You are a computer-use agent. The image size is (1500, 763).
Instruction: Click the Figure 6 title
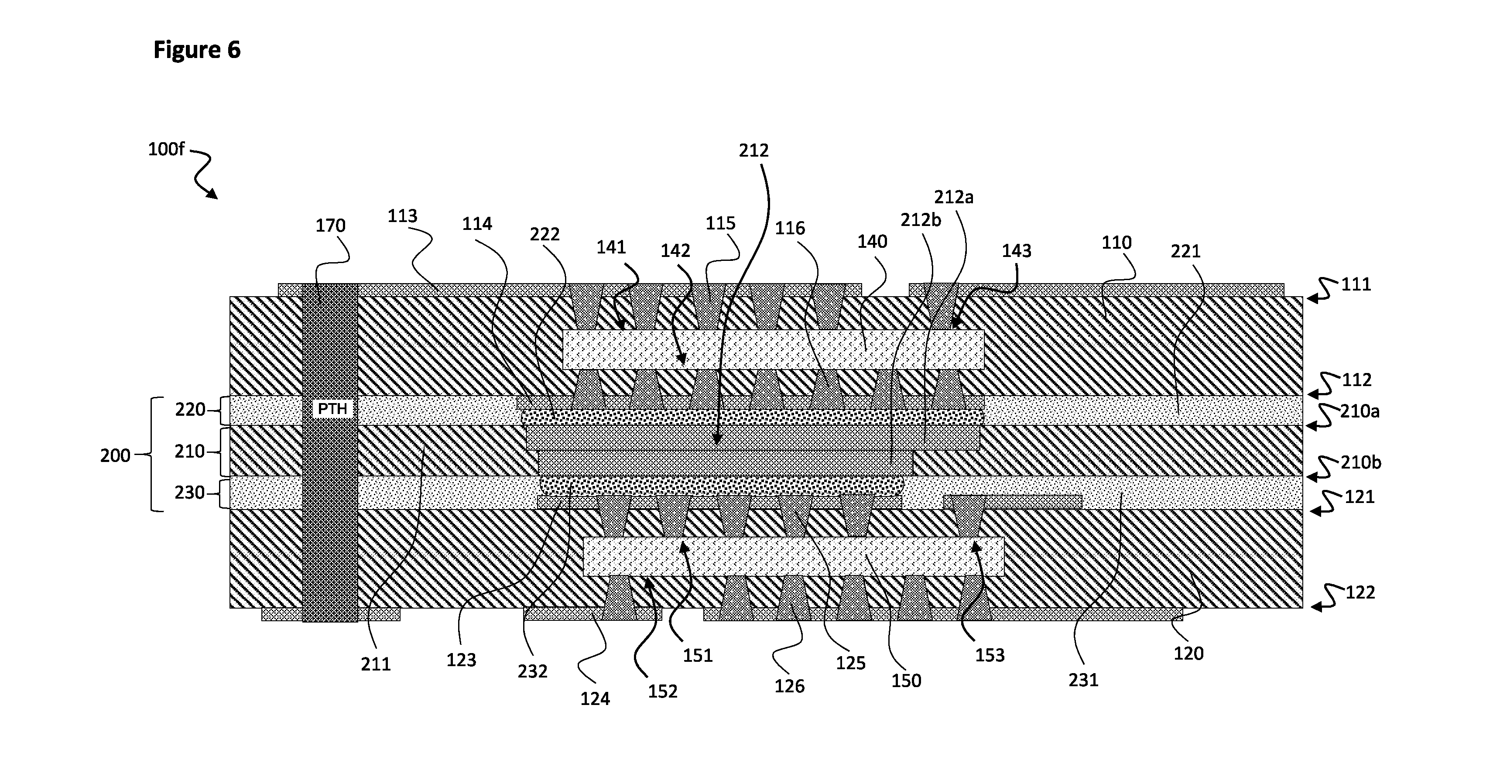tap(197, 50)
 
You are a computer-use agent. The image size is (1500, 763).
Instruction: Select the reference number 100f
tap(166, 149)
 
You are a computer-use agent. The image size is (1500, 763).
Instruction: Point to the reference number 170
tap(331, 226)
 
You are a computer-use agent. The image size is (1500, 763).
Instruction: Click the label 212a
tap(954, 198)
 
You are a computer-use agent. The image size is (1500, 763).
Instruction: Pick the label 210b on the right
tap(1361, 462)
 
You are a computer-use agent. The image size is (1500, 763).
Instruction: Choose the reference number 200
tap(115, 455)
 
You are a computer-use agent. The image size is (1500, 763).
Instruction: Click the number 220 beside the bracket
tap(190, 410)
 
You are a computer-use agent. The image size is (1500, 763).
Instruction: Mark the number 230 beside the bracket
tap(190, 493)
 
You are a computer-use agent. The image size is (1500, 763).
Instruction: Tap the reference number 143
tap(1017, 251)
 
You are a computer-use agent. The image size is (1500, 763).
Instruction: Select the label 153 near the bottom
tap(990, 655)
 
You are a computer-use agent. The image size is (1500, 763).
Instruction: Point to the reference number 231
tap(1084, 680)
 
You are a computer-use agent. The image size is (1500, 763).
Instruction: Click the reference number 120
tap(1188, 654)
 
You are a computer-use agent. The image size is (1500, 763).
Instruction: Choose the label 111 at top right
tap(1356, 285)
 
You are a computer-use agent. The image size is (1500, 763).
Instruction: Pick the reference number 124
tap(595, 698)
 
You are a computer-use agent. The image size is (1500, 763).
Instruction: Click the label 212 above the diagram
tap(754, 151)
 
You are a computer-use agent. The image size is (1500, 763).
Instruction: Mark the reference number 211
tap(376, 664)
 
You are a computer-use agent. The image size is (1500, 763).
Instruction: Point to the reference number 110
tap(1116, 243)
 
